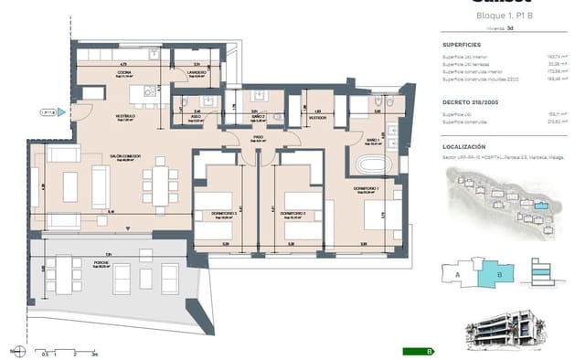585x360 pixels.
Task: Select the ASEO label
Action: click(197, 117)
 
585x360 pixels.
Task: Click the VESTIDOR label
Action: click(318, 118)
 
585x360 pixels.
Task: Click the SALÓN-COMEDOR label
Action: click(127, 156)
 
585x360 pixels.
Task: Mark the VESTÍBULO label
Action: click(125, 117)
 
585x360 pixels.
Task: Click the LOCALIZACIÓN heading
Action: click(464, 146)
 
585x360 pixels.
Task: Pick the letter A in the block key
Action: click(457, 272)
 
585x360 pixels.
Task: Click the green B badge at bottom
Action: click(431, 351)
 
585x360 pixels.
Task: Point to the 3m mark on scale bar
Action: click(94, 353)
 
